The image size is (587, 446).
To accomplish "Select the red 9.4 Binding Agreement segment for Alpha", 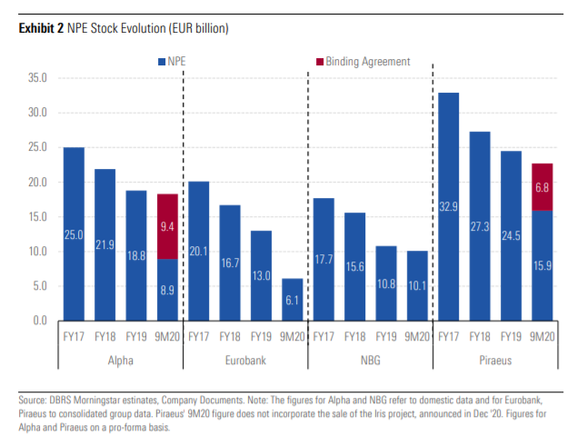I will pyautogui.click(x=167, y=226).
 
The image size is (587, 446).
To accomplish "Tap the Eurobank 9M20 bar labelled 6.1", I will pyautogui.click(x=292, y=299).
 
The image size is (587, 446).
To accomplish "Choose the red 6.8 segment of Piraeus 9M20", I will pyautogui.click(x=542, y=186).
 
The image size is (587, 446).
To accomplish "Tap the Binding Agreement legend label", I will pyautogui.click(x=368, y=62).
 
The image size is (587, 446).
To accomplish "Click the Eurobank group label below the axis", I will pyautogui.click(x=245, y=362).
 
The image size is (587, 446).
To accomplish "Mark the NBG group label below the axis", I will pyautogui.click(x=370, y=362).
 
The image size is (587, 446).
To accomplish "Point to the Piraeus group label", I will pyautogui.click(x=494, y=362).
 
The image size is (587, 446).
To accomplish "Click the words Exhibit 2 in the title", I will pyautogui.click(x=41, y=28).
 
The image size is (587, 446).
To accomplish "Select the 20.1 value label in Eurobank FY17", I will pyautogui.click(x=198, y=251).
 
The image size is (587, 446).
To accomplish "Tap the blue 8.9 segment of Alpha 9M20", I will pyautogui.click(x=167, y=290).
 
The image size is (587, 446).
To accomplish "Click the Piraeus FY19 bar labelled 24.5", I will pyautogui.click(x=511, y=235).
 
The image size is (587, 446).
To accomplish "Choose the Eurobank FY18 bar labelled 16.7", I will pyautogui.click(x=230, y=263).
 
